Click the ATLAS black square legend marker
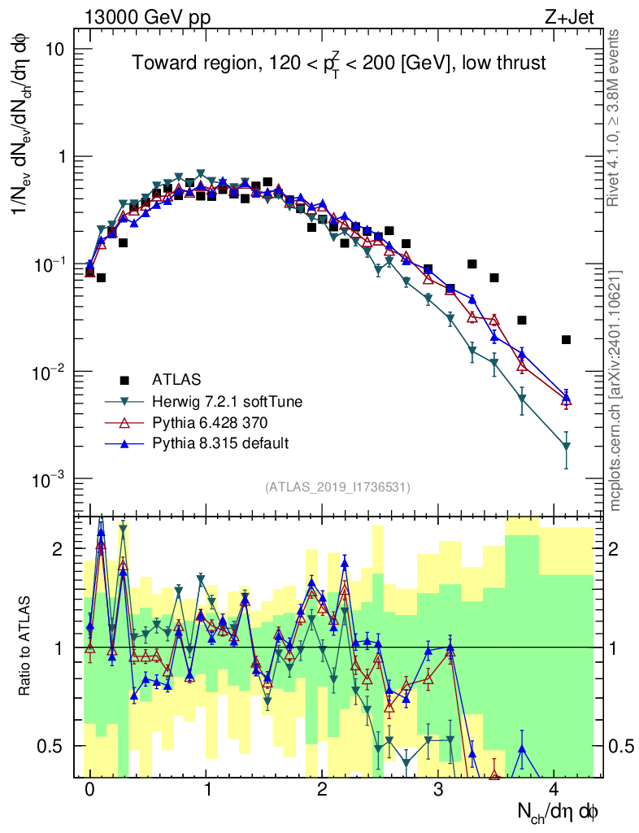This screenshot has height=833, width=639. click(x=124, y=380)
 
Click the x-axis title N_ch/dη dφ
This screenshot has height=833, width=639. click(x=559, y=811)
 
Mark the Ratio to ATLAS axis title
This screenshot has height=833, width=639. click(x=27, y=647)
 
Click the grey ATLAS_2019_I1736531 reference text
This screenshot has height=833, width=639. click(x=337, y=487)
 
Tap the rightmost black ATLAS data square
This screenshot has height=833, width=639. click(x=567, y=339)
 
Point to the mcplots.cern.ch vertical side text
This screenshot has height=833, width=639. click(x=615, y=390)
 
